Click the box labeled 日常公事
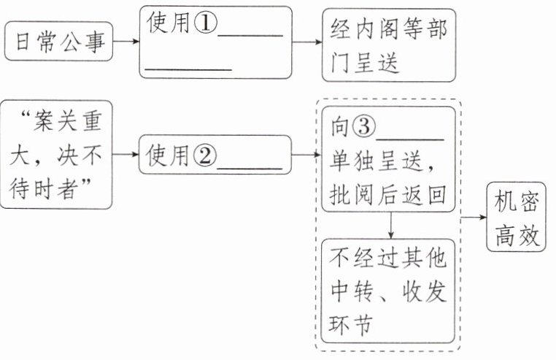(x=58, y=42)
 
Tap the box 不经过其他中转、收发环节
(x=387, y=291)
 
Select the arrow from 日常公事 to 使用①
(x=125, y=42)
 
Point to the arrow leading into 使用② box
(x=125, y=155)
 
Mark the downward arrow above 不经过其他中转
(x=391, y=225)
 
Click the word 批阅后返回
(x=387, y=194)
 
